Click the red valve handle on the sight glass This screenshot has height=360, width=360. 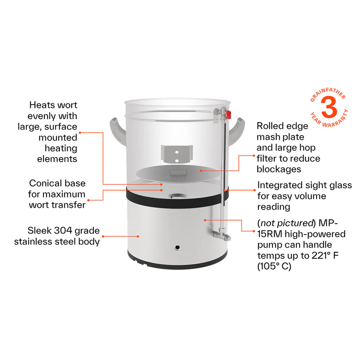tap(229, 114)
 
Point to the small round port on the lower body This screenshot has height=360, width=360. tap(177, 247)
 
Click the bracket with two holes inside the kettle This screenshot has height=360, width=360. tap(177, 154)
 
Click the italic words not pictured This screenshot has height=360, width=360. tap(287, 223)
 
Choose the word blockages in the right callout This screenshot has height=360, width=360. tap(279, 169)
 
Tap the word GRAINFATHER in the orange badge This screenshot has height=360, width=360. tap(328, 94)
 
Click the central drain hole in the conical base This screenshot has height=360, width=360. tap(177, 196)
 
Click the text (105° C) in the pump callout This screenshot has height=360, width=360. tap(274, 266)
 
